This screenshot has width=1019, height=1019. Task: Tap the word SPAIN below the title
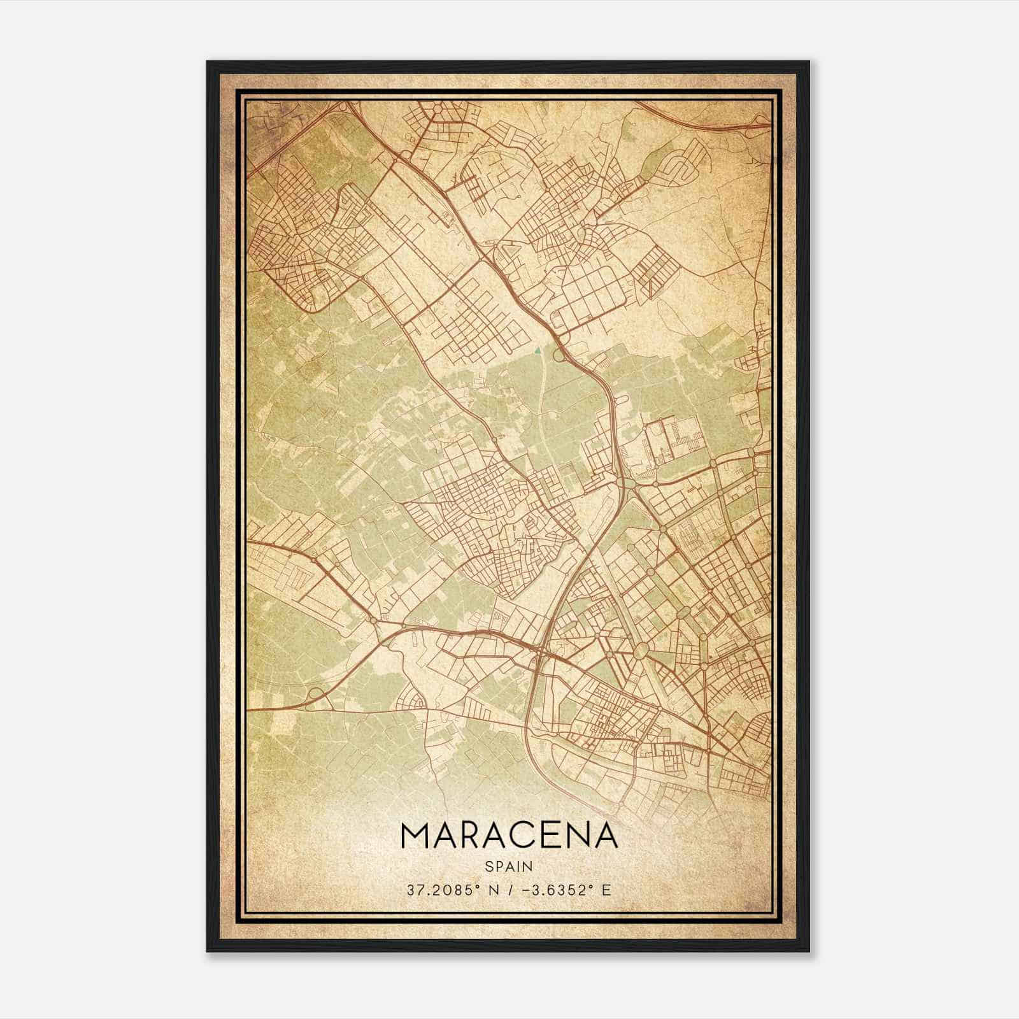click(509, 866)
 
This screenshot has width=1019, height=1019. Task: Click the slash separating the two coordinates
click(509, 890)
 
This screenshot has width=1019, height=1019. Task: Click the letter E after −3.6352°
click(606, 890)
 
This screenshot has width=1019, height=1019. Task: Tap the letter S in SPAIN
click(488, 866)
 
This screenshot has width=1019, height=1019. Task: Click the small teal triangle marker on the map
click(538, 349)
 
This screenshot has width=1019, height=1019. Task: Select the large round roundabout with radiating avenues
click(642, 649)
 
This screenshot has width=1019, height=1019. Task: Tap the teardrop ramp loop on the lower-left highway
click(315, 694)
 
